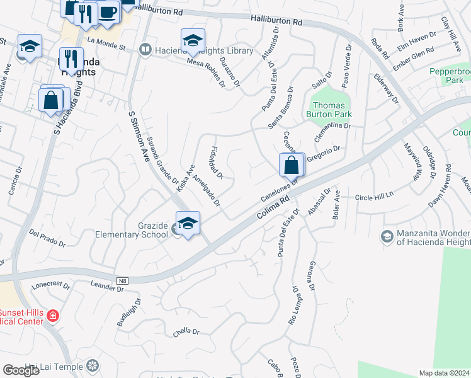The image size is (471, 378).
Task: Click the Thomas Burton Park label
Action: coord(329,110)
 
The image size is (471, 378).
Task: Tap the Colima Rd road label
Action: coord(273,206)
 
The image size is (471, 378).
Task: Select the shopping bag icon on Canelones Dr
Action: coord(292,165)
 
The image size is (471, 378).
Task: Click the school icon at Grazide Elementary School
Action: coord(188,224)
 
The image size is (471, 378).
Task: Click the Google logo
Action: coord(21,370)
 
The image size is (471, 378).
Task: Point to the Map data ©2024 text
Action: coord(443,373)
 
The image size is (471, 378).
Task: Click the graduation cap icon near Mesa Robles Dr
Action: coord(193,41)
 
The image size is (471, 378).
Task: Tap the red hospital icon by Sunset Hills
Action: coord(54,315)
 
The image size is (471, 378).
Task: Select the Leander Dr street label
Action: coord(106,287)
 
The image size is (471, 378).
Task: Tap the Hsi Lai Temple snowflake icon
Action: coord(93,366)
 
